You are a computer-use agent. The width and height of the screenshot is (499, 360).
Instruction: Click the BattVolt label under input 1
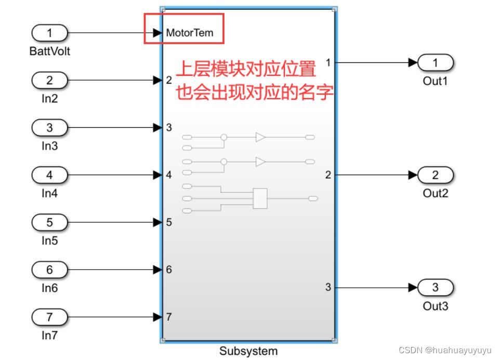tap(50, 51)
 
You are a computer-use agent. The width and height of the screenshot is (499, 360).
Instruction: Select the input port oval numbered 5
tap(50, 222)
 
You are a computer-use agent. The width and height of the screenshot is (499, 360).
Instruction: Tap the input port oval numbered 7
tap(50, 316)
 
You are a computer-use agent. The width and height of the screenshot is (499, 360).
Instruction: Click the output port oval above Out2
tap(436, 175)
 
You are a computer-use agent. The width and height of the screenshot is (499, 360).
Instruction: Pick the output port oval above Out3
tap(436, 287)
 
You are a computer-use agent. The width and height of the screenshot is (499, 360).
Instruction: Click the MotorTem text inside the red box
tap(190, 33)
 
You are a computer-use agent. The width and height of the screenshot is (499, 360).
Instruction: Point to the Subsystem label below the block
tap(248, 351)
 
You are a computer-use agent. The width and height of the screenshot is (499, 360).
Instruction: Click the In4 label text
tap(50, 193)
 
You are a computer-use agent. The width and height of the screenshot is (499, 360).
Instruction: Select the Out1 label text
tap(436, 81)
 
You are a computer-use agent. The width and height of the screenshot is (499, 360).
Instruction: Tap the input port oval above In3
tap(50, 128)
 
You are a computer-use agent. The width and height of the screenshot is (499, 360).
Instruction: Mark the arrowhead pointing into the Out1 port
tap(414, 63)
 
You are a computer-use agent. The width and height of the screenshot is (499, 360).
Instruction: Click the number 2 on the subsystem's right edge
tap(328, 175)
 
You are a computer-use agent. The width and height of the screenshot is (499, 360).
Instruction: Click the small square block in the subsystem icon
tap(260, 198)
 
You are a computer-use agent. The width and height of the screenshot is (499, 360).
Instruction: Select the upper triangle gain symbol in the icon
tap(260, 138)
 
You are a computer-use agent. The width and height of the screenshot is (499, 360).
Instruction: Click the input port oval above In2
tap(50, 81)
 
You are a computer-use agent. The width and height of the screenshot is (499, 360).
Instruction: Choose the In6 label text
tap(50, 288)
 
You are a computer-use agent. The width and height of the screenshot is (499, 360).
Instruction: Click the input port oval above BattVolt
tap(50, 33)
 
